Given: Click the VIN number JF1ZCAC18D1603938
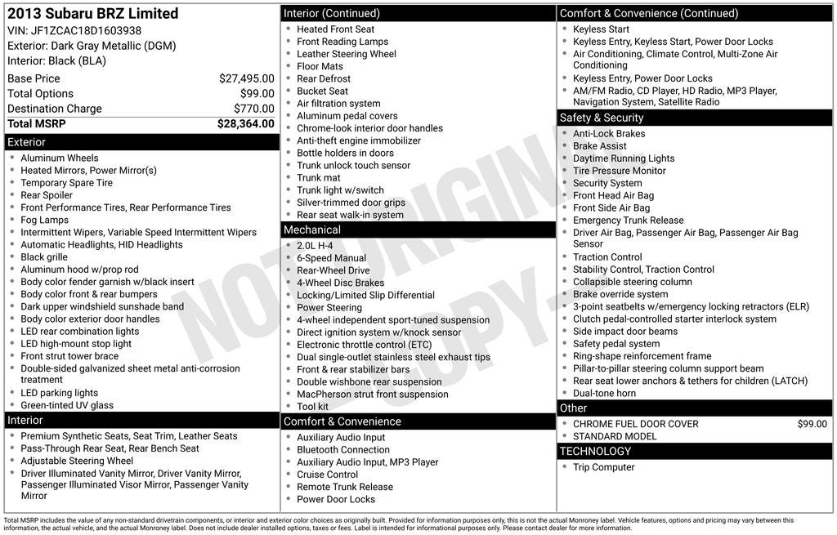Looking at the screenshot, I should pyautogui.click(x=86, y=30).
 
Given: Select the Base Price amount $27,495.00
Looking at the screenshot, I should pyautogui.click(x=246, y=78).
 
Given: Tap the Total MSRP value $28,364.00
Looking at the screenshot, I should pyautogui.click(x=245, y=124).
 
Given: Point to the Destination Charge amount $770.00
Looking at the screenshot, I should pyautogui.click(x=253, y=109).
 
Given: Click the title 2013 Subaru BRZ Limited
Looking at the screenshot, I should pyautogui.click(x=92, y=13).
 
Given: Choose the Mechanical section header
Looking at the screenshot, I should pyautogui.click(x=311, y=230).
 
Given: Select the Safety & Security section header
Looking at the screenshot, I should pyautogui.click(x=602, y=118).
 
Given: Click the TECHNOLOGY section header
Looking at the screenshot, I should pyautogui.click(x=595, y=451).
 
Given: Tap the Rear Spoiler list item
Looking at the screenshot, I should pyautogui.click(x=47, y=195).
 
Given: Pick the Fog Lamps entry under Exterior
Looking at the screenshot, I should pyautogui.click(x=45, y=220).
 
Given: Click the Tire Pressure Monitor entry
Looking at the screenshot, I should pyautogui.click(x=619, y=171).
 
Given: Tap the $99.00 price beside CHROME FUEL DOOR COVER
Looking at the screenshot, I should pyautogui.click(x=812, y=424).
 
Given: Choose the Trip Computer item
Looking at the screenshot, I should pyautogui.click(x=603, y=467).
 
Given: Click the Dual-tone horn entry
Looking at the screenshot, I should pyautogui.click(x=604, y=393).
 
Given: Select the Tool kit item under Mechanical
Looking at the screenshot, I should pyautogui.click(x=312, y=407).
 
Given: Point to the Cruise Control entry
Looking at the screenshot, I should pyautogui.click(x=327, y=475).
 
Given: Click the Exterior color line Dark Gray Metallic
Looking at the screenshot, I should pyautogui.click(x=92, y=46).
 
